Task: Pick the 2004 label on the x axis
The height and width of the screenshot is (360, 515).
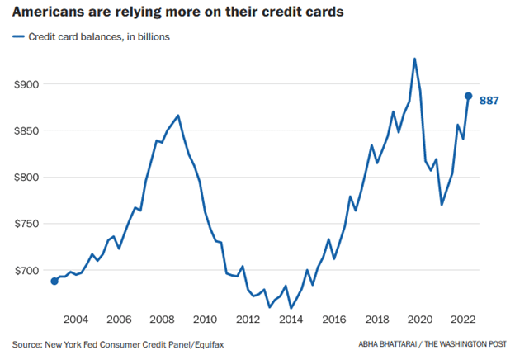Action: (x=76, y=320)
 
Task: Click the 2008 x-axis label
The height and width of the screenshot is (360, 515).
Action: (x=162, y=320)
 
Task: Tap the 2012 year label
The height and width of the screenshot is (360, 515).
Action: (x=248, y=320)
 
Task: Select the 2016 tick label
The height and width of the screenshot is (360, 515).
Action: (x=333, y=320)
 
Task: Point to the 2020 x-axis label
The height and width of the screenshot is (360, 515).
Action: (x=420, y=320)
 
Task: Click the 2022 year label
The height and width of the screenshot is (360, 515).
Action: (x=462, y=320)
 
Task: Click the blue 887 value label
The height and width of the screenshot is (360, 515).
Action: (x=489, y=100)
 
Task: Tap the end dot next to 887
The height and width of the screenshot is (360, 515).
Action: (x=468, y=96)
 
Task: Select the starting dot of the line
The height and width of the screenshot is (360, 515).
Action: (x=54, y=281)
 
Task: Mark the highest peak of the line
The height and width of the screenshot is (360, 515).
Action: (x=414, y=59)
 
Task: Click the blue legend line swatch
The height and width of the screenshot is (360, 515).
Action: (x=17, y=38)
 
